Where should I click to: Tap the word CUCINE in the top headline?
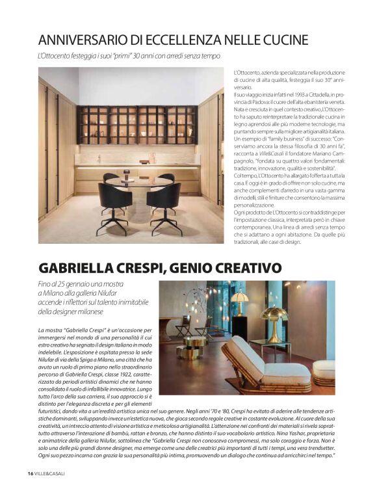pos(278,40)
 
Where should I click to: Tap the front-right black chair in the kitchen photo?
pos(164,205)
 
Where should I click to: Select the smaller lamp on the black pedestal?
pos(240,302)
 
